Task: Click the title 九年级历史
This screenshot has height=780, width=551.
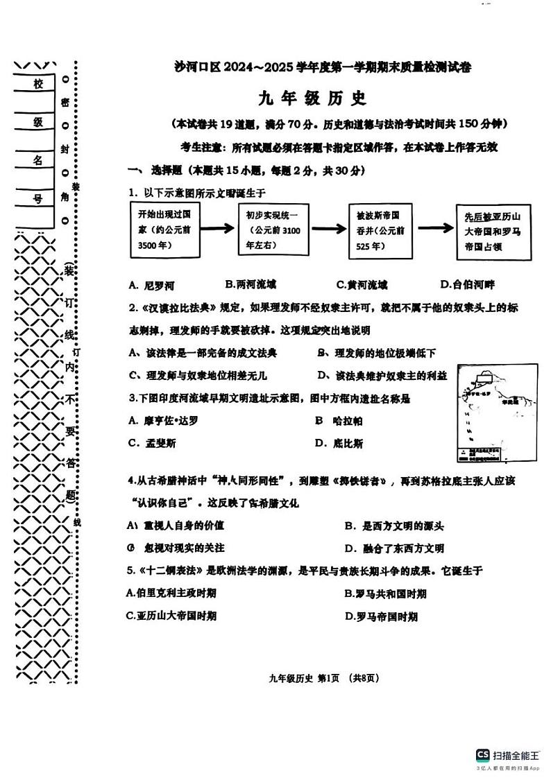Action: pos(312,98)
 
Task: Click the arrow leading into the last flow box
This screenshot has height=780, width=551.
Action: pos(436,229)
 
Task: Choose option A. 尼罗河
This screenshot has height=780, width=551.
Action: pos(151,285)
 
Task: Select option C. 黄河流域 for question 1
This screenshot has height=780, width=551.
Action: pos(362,284)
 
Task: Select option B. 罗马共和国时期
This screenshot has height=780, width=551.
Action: pos(385,593)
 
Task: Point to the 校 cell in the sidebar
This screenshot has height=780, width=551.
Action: pos(37,84)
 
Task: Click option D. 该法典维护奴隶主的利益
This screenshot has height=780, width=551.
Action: pos(382,375)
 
